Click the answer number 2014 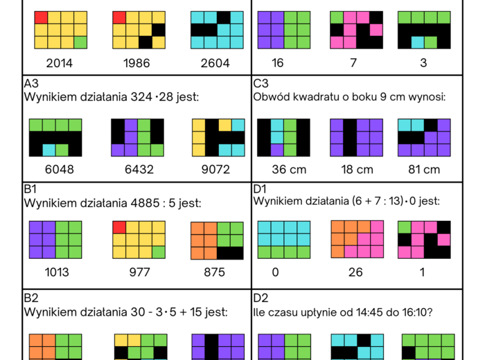[x=60, y=63]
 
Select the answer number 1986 [x=140, y=63]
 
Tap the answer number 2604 [x=215, y=63]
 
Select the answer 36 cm [x=284, y=169]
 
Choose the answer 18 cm [x=357, y=169]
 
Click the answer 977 [x=140, y=272]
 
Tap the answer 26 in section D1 [x=355, y=272]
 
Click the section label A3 [x=31, y=84]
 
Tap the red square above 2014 [x=41, y=17]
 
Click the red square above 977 [x=119, y=228]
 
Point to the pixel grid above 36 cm [x=284, y=137]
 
